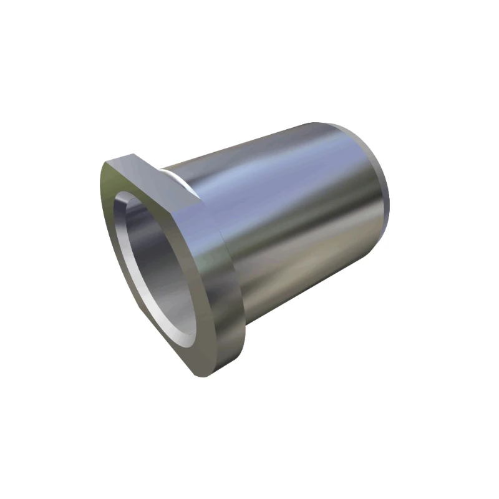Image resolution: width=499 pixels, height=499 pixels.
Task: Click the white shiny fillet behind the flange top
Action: click(x=181, y=178)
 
